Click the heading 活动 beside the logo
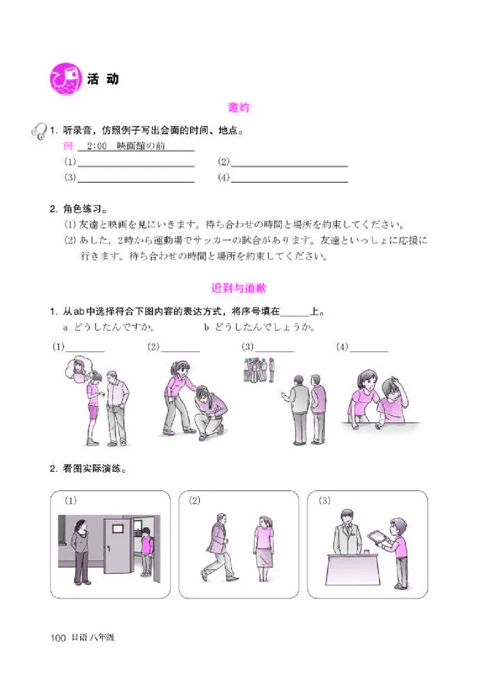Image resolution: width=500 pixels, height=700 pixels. click(103, 79)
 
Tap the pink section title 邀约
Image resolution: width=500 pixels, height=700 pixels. click(239, 108)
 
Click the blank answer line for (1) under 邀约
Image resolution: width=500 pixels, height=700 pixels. click(136, 163)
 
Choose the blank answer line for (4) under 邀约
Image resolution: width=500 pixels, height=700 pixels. click(289, 178)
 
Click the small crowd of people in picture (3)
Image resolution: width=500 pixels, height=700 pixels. click(257, 370)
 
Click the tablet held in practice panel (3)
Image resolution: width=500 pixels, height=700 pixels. click(376, 536)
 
